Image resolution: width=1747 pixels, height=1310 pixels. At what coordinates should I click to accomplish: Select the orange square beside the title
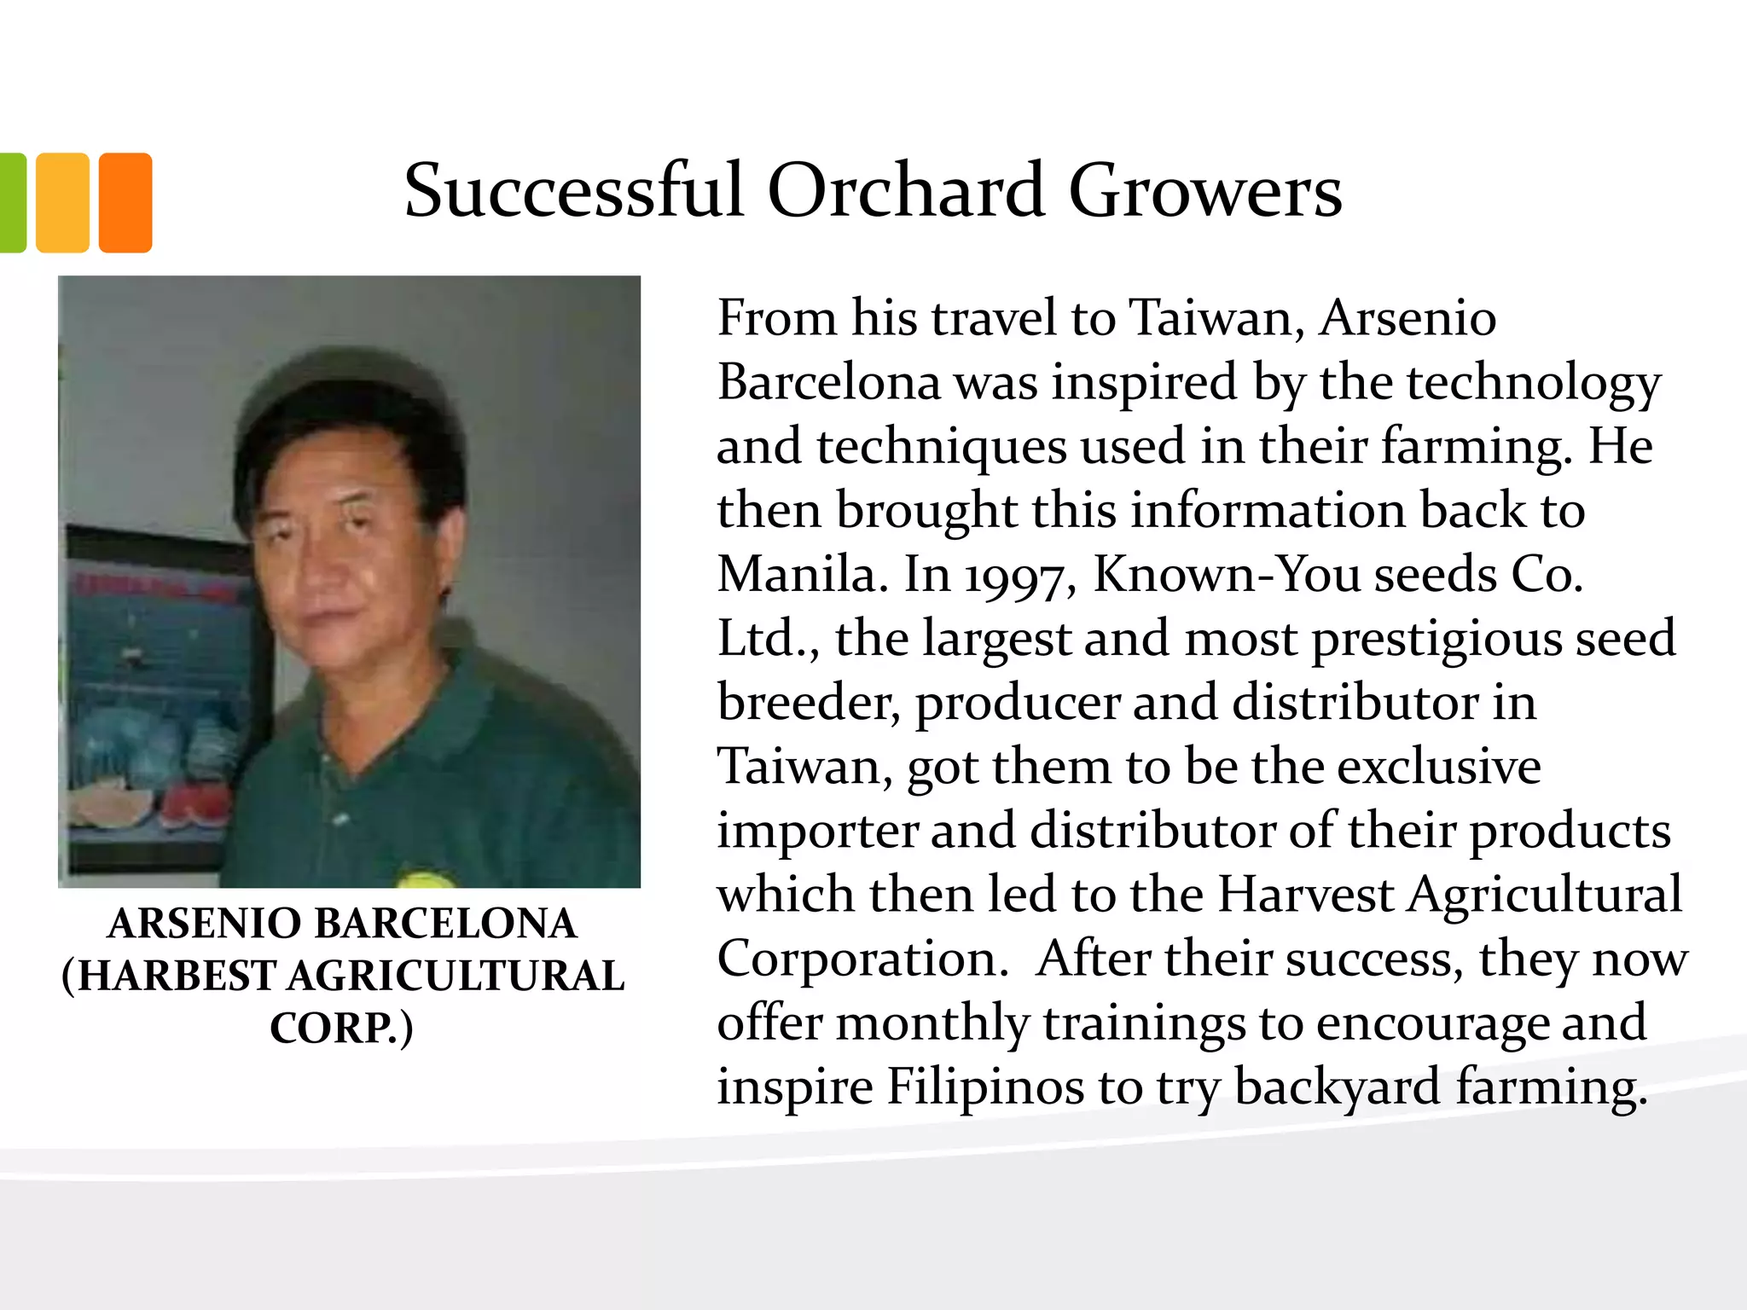click(x=125, y=203)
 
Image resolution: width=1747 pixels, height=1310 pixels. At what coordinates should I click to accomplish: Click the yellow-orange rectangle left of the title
click(x=62, y=203)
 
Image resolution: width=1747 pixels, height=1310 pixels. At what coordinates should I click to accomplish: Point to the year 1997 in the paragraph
click(x=1015, y=576)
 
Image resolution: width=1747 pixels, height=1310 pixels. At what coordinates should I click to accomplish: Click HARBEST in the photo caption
click(x=177, y=976)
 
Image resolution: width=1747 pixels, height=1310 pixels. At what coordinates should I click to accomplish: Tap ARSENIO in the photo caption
click(x=205, y=924)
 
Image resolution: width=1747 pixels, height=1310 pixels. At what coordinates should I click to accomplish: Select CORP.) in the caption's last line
click(x=341, y=1028)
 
